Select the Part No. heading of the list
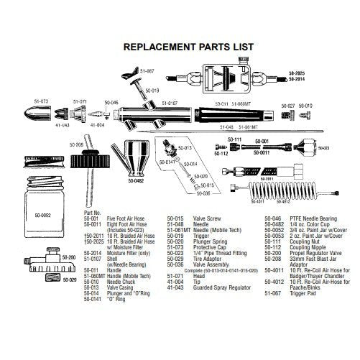[x=95, y=213]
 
